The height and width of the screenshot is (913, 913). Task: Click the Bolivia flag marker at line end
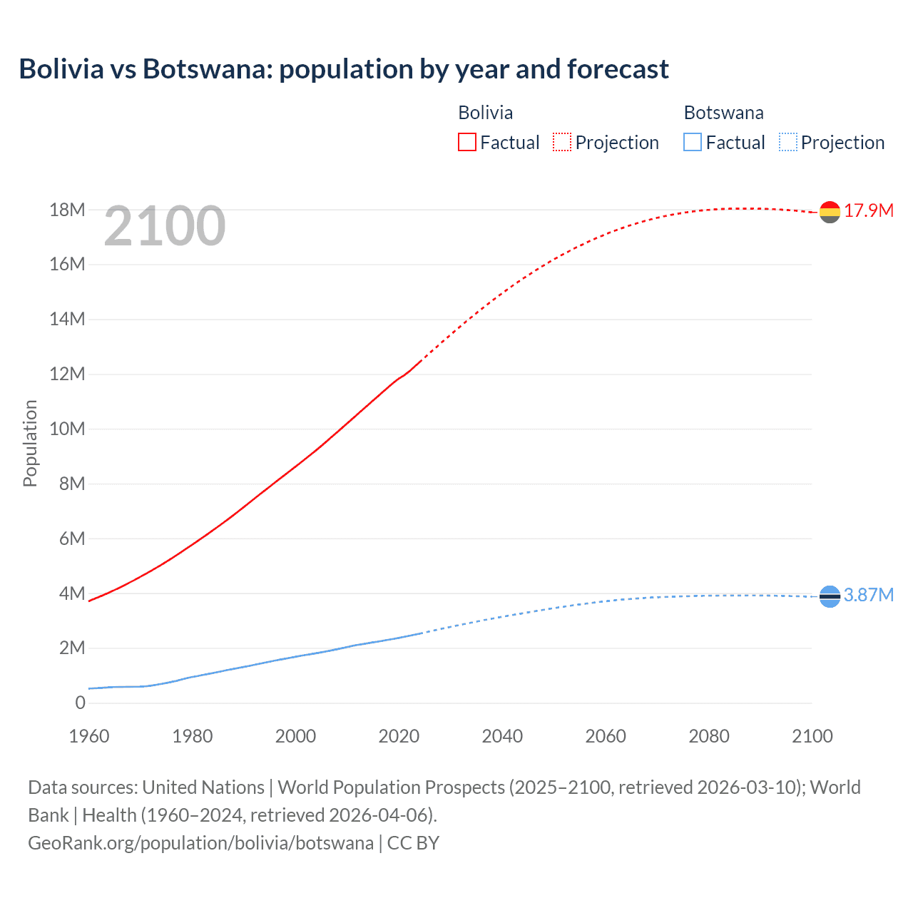click(x=830, y=212)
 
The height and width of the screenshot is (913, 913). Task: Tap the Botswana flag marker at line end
click(x=830, y=596)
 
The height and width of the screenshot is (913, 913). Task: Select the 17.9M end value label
click(x=869, y=210)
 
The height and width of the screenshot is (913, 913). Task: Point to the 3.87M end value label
click(x=869, y=595)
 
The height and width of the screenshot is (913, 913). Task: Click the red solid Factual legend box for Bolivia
click(x=466, y=143)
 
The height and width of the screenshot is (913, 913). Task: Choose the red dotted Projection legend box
click(x=562, y=143)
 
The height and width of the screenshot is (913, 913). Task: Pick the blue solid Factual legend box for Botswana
click(x=693, y=143)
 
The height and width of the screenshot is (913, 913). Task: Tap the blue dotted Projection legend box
click(x=788, y=143)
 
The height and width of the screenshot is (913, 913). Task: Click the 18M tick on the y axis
click(x=67, y=210)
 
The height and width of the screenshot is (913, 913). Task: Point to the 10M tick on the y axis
click(x=67, y=429)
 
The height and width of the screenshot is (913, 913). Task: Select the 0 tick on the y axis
click(x=80, y=703)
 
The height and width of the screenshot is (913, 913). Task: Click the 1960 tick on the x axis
click(x=89, y=736)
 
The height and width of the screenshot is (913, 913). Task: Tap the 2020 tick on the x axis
click(x=399, y=736)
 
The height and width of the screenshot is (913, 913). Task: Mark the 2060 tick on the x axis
click(x=606, y=736)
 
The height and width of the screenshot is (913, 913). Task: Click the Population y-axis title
click(x=30, y=443)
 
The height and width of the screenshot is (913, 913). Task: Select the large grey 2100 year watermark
click(x=165, y=227)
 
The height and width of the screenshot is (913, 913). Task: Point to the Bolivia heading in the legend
click(x=485, y=113)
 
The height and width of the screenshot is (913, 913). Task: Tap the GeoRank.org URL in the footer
click(x=200, y=842)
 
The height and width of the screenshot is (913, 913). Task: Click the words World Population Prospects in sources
click(x=391, y=787)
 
